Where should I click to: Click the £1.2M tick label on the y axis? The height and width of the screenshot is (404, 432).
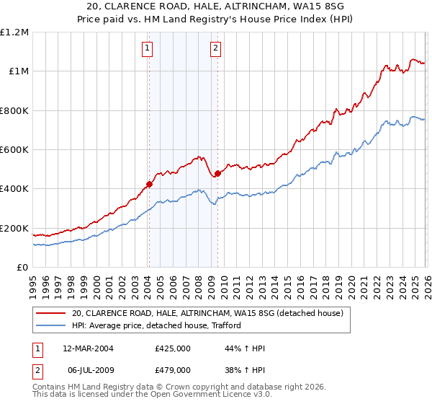point(14,32)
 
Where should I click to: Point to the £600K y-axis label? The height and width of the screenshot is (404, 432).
point(14,150)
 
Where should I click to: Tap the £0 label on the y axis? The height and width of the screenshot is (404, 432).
point(23,268)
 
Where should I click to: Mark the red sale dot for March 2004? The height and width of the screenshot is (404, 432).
point(149,184)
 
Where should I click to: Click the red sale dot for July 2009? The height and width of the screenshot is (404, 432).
point(217,173)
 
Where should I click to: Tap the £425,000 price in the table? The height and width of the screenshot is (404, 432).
point(172,348)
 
